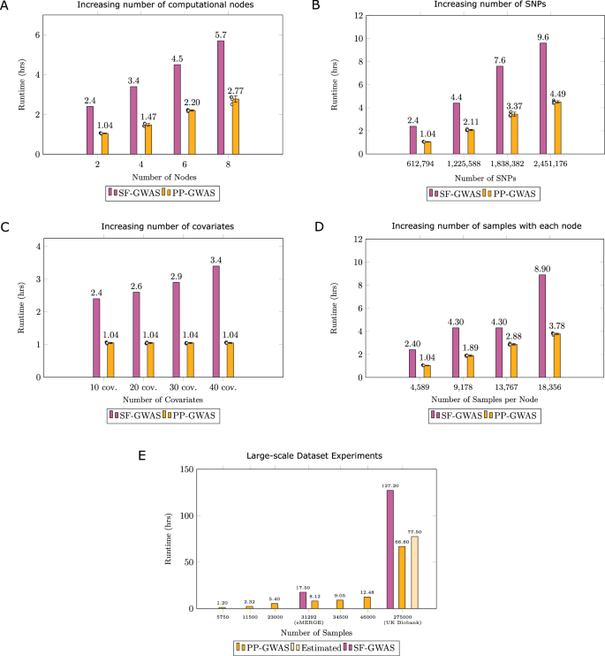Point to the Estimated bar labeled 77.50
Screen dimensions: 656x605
[x=414, y=572]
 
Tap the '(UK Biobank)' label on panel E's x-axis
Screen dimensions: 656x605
[x=402, y=624]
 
